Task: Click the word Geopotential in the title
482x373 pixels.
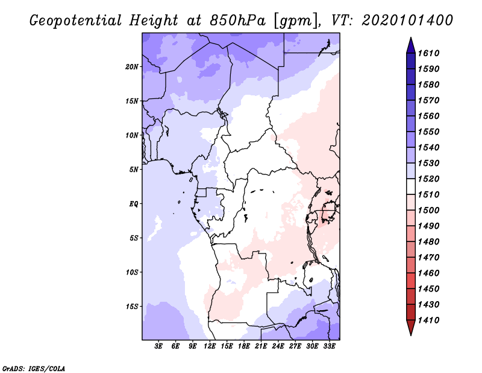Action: pos(75,20)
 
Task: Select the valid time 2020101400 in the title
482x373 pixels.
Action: pos(407,20)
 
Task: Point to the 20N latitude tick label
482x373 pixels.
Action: pos(132,66)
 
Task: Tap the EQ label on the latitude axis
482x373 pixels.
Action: pos(134,204)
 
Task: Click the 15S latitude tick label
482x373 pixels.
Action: pos(132,307)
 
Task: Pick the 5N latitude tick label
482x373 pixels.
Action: pos(134,170)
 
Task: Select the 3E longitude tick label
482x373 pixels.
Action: pos(159,346)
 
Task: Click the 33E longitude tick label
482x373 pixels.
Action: pos(329,346)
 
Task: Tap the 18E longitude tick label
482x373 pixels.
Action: pos(244,346)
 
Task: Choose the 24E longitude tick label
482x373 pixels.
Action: pos(278,346)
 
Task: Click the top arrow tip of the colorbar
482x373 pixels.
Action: pos(410,39)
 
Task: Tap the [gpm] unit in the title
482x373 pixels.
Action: pos(293,20)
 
